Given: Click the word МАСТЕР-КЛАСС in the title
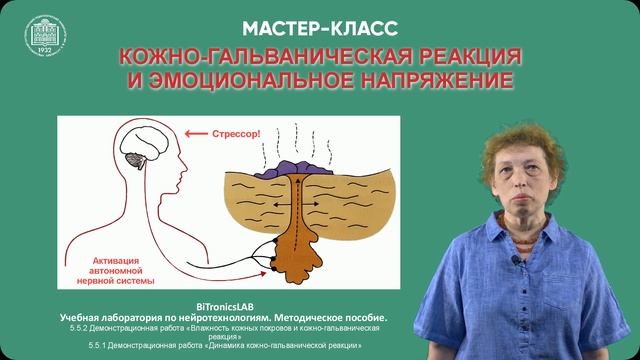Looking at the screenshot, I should pos(320,26).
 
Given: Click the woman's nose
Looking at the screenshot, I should pos(526,179).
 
